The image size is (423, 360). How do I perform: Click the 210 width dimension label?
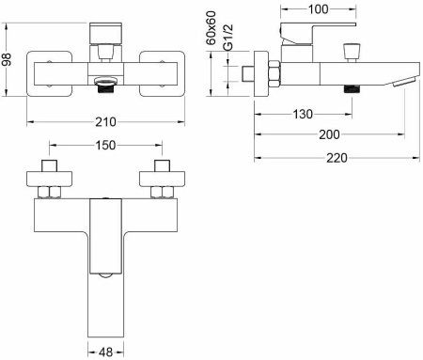click(x=105, y=122)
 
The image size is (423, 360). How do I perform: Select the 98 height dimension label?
click(x=6, y=59)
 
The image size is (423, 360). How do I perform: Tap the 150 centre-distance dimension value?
click(x=105, y=145)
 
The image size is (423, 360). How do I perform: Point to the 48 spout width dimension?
click(x=105, y=352)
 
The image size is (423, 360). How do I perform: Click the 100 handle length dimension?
click(x=319, y=9)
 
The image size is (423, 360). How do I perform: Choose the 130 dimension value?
click(x=303, y=114)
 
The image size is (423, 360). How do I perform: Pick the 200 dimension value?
click(x=329, y=134)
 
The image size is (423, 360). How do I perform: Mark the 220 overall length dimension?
click(x=337, y=158)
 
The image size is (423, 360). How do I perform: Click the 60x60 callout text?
click(x=211, y=27)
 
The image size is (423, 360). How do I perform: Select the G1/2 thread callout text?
click(x=228, y=37)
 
